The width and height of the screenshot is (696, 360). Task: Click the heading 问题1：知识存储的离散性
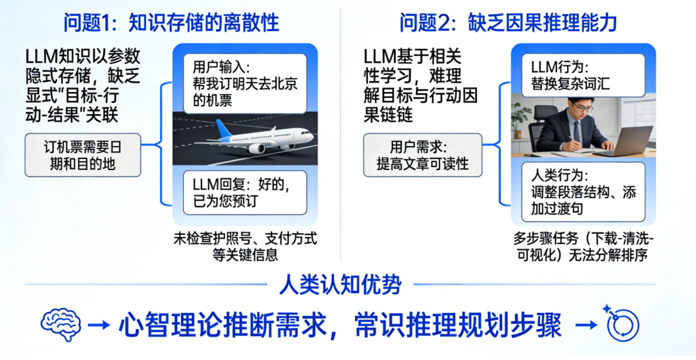[x=171, y=23]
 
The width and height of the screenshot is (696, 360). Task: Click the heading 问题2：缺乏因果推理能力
[x=508, y=23]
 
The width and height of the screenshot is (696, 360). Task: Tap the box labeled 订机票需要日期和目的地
[x=82, y=155]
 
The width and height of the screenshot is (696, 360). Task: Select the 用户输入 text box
[x=245, y=84]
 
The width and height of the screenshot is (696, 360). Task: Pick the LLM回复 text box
[x=245, y=193]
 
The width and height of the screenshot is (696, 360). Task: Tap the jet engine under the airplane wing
[x=256, y=148]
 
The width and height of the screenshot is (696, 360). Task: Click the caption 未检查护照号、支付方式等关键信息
[x=245, y=247]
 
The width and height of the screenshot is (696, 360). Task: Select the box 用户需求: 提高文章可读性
[x=423, y=155]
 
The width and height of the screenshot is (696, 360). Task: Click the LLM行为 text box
[x=583, y=75]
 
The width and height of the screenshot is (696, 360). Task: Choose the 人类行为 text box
[x=583, y=191]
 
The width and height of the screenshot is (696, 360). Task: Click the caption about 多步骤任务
[x=583, y=247]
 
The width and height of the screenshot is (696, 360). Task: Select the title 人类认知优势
[x=340, y=286]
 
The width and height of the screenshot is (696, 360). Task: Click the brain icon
[x=61, y=323]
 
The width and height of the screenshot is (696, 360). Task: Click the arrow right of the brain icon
[x=99, y=326]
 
